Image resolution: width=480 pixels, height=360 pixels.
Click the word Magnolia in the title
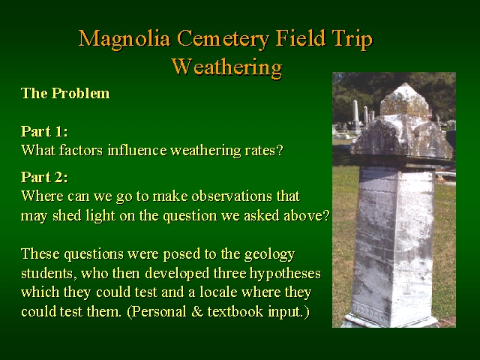124,39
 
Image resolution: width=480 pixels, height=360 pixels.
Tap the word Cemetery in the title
223,39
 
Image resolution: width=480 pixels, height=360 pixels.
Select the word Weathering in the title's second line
226,67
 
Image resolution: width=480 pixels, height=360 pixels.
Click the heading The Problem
65,93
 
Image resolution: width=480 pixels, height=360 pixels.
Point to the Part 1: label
44,132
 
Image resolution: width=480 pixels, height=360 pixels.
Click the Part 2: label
44,177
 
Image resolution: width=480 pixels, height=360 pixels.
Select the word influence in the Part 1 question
137,150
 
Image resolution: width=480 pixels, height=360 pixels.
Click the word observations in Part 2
232,196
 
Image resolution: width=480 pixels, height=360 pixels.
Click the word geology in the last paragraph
269,255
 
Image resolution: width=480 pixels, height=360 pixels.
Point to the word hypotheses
285,274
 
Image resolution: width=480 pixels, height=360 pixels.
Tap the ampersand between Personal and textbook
197,312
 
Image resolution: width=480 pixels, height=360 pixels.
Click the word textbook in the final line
235,312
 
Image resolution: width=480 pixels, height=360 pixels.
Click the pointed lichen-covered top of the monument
404,100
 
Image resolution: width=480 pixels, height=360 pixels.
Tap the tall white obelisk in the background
355,115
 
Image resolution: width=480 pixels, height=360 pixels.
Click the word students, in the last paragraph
49,274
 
